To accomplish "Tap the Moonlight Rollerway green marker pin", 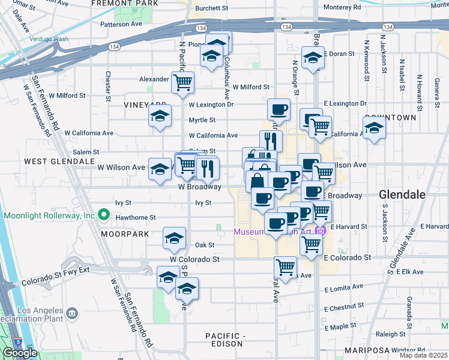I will click(104, 214).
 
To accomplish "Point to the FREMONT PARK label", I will click(125, 4).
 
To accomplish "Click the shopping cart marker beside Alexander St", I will click(182, 82).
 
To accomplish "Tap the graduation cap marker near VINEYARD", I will click(160, 116).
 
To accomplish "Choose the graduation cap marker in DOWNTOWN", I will click(374, 127).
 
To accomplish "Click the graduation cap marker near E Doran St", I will click(313, 58).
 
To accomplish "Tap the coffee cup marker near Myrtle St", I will click(279, 109).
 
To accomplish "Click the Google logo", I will click(20, 353).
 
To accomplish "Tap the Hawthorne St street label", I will click(136, 218).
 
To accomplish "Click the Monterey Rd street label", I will click(342, 8).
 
